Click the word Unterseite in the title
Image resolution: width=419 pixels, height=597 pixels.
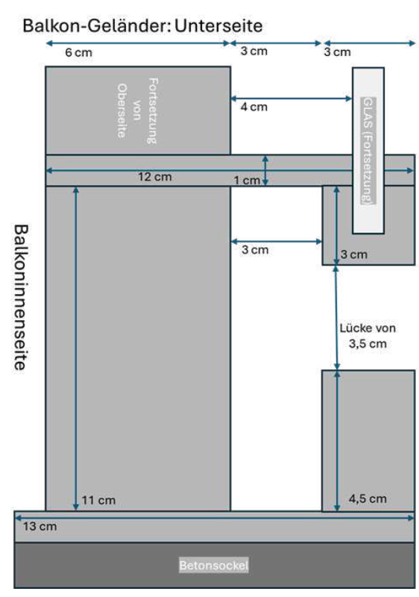coord(218,26)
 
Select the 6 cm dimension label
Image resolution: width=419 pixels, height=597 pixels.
coord(79,52)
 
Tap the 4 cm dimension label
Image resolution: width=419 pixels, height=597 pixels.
coord(254,107)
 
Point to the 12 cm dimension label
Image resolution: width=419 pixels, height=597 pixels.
coord(155,177)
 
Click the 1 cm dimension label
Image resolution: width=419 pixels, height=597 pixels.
coord(247,180)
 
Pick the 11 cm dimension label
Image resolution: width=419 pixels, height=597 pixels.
coord(98,500)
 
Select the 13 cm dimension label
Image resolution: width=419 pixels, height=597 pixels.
coord(40,527)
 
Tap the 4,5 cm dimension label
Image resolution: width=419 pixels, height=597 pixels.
coord(368,498)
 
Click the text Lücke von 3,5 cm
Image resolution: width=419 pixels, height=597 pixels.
coord(368,336)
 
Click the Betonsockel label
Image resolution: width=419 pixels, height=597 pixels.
coord(214,565)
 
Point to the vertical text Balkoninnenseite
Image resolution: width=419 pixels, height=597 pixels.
coord(21,297)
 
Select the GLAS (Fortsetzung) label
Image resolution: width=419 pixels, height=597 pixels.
coord(368,151)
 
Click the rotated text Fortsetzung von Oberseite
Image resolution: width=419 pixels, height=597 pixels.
coord(137,110)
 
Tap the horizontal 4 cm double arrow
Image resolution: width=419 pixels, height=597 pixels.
coord(292,99)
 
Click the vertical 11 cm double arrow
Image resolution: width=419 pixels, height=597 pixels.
coord(76,348)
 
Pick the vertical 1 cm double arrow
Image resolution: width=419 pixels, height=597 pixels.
coord(265,170)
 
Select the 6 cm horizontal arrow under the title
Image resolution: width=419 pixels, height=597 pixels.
coord(138,43)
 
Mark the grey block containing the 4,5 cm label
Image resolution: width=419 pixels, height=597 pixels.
coord(368,440)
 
